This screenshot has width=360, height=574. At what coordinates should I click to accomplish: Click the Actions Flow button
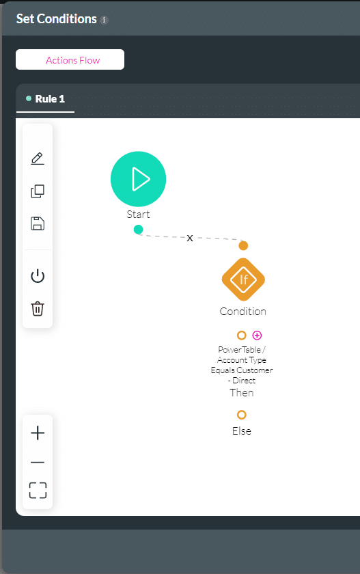(x=70, y=59)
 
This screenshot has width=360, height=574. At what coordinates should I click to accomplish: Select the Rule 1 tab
(x=45, y=99)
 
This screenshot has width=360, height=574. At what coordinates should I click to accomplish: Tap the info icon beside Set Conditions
(x=105, y=20)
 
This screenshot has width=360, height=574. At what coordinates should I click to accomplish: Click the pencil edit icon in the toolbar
(x=38, y=158)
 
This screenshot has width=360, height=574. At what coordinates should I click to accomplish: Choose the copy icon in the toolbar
(x=38, y=191)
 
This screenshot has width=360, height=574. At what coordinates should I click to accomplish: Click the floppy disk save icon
(x=38, y=223)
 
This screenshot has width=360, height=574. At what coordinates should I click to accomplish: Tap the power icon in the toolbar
(x=38, y=276)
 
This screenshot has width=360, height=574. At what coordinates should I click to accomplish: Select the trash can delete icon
(x=38, y=309)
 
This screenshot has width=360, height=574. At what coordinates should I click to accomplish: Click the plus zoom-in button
(x=38, y=433)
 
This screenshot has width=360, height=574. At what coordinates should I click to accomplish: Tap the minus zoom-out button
(x=38, y=463)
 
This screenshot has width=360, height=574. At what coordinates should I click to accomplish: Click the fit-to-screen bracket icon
(x=38, y=490)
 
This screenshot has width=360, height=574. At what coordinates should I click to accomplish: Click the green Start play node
(x=138, y=179)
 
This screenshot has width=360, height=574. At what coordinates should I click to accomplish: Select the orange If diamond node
(x=243, y=279)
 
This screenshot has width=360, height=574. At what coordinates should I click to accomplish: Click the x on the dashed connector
(x=189, y=238)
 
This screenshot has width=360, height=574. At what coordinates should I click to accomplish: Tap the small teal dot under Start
(x=138, y=230)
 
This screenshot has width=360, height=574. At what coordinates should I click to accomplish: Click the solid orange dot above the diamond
(x=243, y=245)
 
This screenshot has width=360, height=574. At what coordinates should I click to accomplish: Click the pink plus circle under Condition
(x=258, y=336)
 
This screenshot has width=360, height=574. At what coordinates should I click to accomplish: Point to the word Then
(x=241, y=393)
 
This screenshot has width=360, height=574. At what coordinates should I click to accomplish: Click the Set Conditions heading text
(x=56, y=19)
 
